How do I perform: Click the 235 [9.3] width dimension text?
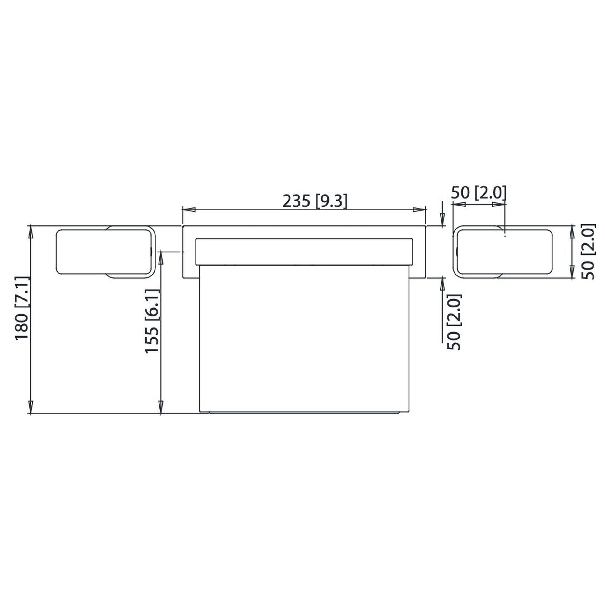[315, 201]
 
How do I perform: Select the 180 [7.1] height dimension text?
[22, 308]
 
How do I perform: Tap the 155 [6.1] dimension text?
[153, 321]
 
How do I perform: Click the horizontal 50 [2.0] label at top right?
[478, 193]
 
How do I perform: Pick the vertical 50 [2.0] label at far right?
[588, 252]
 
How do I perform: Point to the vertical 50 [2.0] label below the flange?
[454, 322]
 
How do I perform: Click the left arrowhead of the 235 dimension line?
[189, 210]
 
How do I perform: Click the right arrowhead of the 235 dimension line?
[419, 210]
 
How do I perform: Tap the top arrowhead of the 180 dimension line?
[31, 232]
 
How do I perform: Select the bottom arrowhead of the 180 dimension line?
[31, 407]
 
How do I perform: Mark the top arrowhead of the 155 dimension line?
[161, 258]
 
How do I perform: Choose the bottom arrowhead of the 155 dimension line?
[161, 407]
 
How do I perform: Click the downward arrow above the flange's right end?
[442, 218]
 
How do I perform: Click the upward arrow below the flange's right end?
[442, 284]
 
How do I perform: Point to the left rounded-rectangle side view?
[105, 252]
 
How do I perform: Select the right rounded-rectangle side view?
[503, 252]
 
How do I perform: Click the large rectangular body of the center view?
[304, 338]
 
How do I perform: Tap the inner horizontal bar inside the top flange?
[304, 252]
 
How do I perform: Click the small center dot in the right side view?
[505, 236]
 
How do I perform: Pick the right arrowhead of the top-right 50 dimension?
[498, 205]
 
